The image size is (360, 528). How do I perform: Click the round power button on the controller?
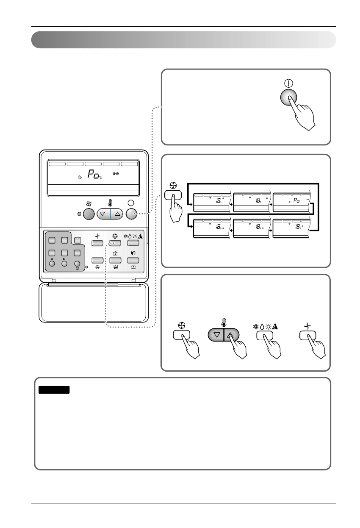tap(132, 214)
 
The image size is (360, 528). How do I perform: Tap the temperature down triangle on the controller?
tap(103, 214)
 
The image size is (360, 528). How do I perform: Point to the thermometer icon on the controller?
tap(110, 203)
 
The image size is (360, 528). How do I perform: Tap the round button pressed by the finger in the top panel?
tap(289, 98)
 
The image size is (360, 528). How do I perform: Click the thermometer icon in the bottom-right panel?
tap(224, 321)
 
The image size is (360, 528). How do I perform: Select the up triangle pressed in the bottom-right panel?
tap(231, 335)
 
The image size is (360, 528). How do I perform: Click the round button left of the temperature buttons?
tap(88, 214)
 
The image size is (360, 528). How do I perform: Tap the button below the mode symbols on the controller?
tap(133, 243)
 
